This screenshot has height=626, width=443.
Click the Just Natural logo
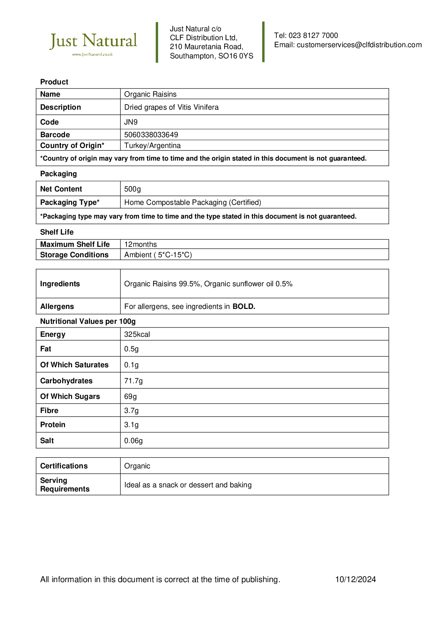click(x=93, y=43)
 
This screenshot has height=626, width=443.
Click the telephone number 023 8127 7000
click(x=313, y=36)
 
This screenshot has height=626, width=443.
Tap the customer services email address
click(x=359, y=45)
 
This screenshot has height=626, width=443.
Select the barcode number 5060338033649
click(x=151, y=135)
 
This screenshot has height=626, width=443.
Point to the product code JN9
click(x=131, y=122)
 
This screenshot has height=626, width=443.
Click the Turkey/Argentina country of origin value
click(x=153, y=145)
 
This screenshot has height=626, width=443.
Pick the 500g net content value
click(x=132, y=189)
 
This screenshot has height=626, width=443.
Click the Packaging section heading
click(x=58, y=174)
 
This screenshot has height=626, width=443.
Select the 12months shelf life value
click(x=141, y=244)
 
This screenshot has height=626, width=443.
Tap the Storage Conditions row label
click(x=74, y=255)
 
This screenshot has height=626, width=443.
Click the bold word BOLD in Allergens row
click(x=244, y=306)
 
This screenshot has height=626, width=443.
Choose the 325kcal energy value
click(x=137, y=334)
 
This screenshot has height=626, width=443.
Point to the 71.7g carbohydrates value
click(x=133, y=381)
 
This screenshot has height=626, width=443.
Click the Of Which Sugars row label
click(x=70, y=396)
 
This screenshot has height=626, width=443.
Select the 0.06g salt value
click(x=133, y=441)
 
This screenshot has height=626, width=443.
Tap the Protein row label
click(x=53, y=425)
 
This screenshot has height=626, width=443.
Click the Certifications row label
click(x=64, y=466)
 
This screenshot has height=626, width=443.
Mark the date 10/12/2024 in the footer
click(x=355, y=579)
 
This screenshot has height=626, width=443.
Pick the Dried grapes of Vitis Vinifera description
click(x=171, y=107)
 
